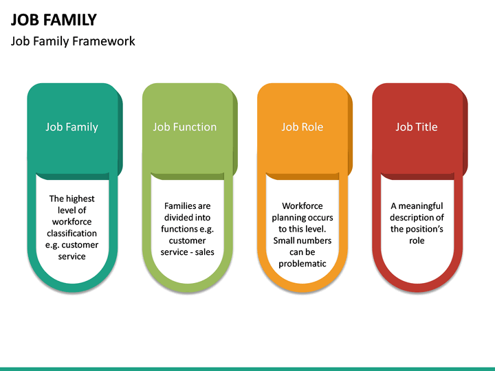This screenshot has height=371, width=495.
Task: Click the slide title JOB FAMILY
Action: tap(54, 20)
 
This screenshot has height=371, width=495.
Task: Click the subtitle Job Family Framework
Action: tap(73, 41)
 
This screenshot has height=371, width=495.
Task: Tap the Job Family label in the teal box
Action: tap(71, 127)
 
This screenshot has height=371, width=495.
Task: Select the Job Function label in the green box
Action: tap(184, 127)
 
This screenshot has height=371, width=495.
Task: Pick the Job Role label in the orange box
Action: tap(302, 127)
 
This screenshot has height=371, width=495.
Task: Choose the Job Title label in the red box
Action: tap(417, 127)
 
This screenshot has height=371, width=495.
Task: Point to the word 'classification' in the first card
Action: tap(71, 234)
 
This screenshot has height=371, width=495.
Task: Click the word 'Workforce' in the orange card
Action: tap(302, 206)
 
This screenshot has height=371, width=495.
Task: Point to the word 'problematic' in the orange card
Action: tap(302, 264)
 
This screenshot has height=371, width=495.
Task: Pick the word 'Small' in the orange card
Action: tap(285, 240)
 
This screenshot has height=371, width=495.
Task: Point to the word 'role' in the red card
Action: tap(417, 240)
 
